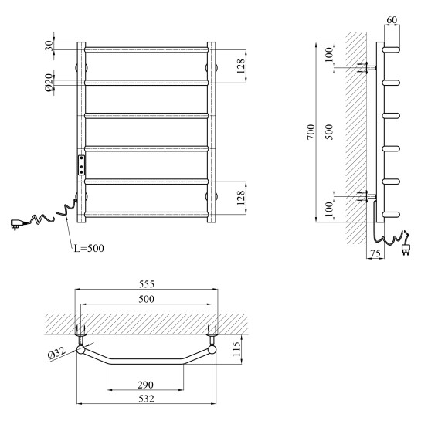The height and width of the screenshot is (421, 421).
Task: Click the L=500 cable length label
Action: [x=89, y=248]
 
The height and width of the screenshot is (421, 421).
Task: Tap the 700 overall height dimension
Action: [x=311, y=132]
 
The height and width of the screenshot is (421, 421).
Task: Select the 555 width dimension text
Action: [x=146, y=284]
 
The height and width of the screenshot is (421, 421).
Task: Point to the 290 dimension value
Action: [x=145, y=385]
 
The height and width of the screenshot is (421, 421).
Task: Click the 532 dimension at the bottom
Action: [x=146, y=399]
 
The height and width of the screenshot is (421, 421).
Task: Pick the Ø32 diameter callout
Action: [x=57, y=353]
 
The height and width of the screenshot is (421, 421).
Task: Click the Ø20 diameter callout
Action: [x=49, y=83]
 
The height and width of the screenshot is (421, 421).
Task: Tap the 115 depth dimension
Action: [x=236, y=349]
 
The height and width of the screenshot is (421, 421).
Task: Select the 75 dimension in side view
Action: [x=375, y=253]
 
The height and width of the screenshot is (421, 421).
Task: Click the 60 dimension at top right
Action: [x=392, y=20]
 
